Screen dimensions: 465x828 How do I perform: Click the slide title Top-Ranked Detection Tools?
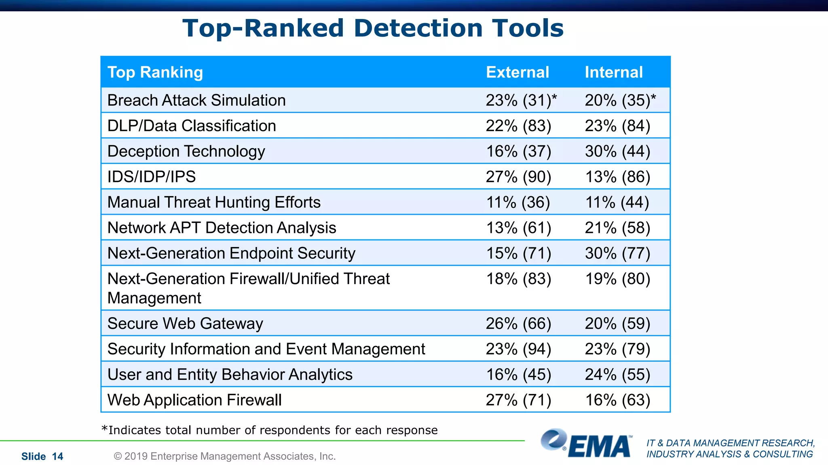coord(373,28)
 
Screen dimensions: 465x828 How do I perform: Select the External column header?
coord(517,72)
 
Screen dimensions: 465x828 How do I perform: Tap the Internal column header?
coord(613,72)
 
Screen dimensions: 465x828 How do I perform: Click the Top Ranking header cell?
coord(155,72)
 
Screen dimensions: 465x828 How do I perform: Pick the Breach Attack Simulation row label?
coord(196,100)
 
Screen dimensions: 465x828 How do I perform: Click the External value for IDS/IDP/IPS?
coord(518,177)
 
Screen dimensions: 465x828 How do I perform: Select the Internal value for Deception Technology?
coord(617,151)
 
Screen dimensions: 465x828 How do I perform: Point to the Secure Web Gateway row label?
coord(185,323)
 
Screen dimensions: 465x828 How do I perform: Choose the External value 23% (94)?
coord(518,349)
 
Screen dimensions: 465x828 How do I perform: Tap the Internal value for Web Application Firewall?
coord(617,400)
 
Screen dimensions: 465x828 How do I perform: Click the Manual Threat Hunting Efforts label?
coord(214,202)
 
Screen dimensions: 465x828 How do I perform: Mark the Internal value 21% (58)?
coord(617,228)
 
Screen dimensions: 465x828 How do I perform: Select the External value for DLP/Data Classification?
coord(518,126)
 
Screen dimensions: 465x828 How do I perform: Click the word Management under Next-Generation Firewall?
coord(154,298)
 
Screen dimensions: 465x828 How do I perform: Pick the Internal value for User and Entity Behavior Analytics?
coord(617,375)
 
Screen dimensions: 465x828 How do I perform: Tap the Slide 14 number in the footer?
coord(42,457)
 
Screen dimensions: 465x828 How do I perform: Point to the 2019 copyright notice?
coord(225,456)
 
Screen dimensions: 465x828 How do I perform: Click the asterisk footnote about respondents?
coord(269,430)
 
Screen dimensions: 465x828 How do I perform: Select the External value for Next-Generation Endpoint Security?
coord(518,253)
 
